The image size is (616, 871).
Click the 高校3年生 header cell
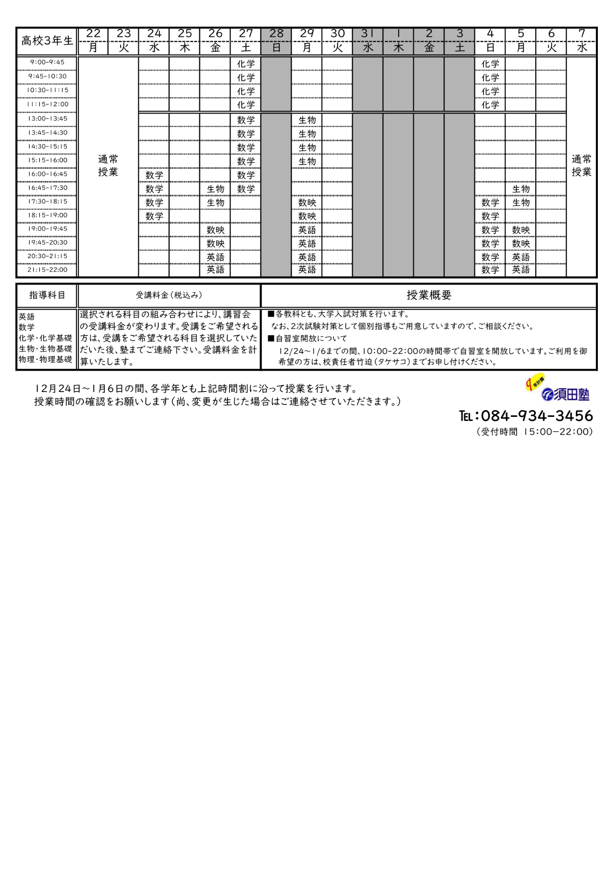(47, 41)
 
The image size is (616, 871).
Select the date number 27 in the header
(246, 34)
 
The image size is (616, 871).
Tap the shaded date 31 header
(367, 34)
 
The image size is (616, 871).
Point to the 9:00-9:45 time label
(47, 62)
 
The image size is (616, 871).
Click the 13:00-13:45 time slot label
(47, 119)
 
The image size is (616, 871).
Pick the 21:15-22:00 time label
(47, 269)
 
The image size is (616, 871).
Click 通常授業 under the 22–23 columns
(108, 166)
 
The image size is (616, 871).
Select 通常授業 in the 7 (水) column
(581, 166)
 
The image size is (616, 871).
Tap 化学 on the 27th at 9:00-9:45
(246, 64)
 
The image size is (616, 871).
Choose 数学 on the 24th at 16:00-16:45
(154, 175)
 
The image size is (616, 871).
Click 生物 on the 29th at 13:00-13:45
(307, 120)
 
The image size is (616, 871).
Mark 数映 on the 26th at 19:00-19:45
(215, 230)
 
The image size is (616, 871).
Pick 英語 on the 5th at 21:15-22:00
(521, 270)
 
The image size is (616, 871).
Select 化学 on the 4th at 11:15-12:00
(490, 105)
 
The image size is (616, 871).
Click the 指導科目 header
(47, 295)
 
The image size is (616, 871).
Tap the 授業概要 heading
(429, 295)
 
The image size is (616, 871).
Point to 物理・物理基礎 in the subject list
(45, 359)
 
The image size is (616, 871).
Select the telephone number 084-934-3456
(537, 416)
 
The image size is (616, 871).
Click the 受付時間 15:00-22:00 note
(534, 432)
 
